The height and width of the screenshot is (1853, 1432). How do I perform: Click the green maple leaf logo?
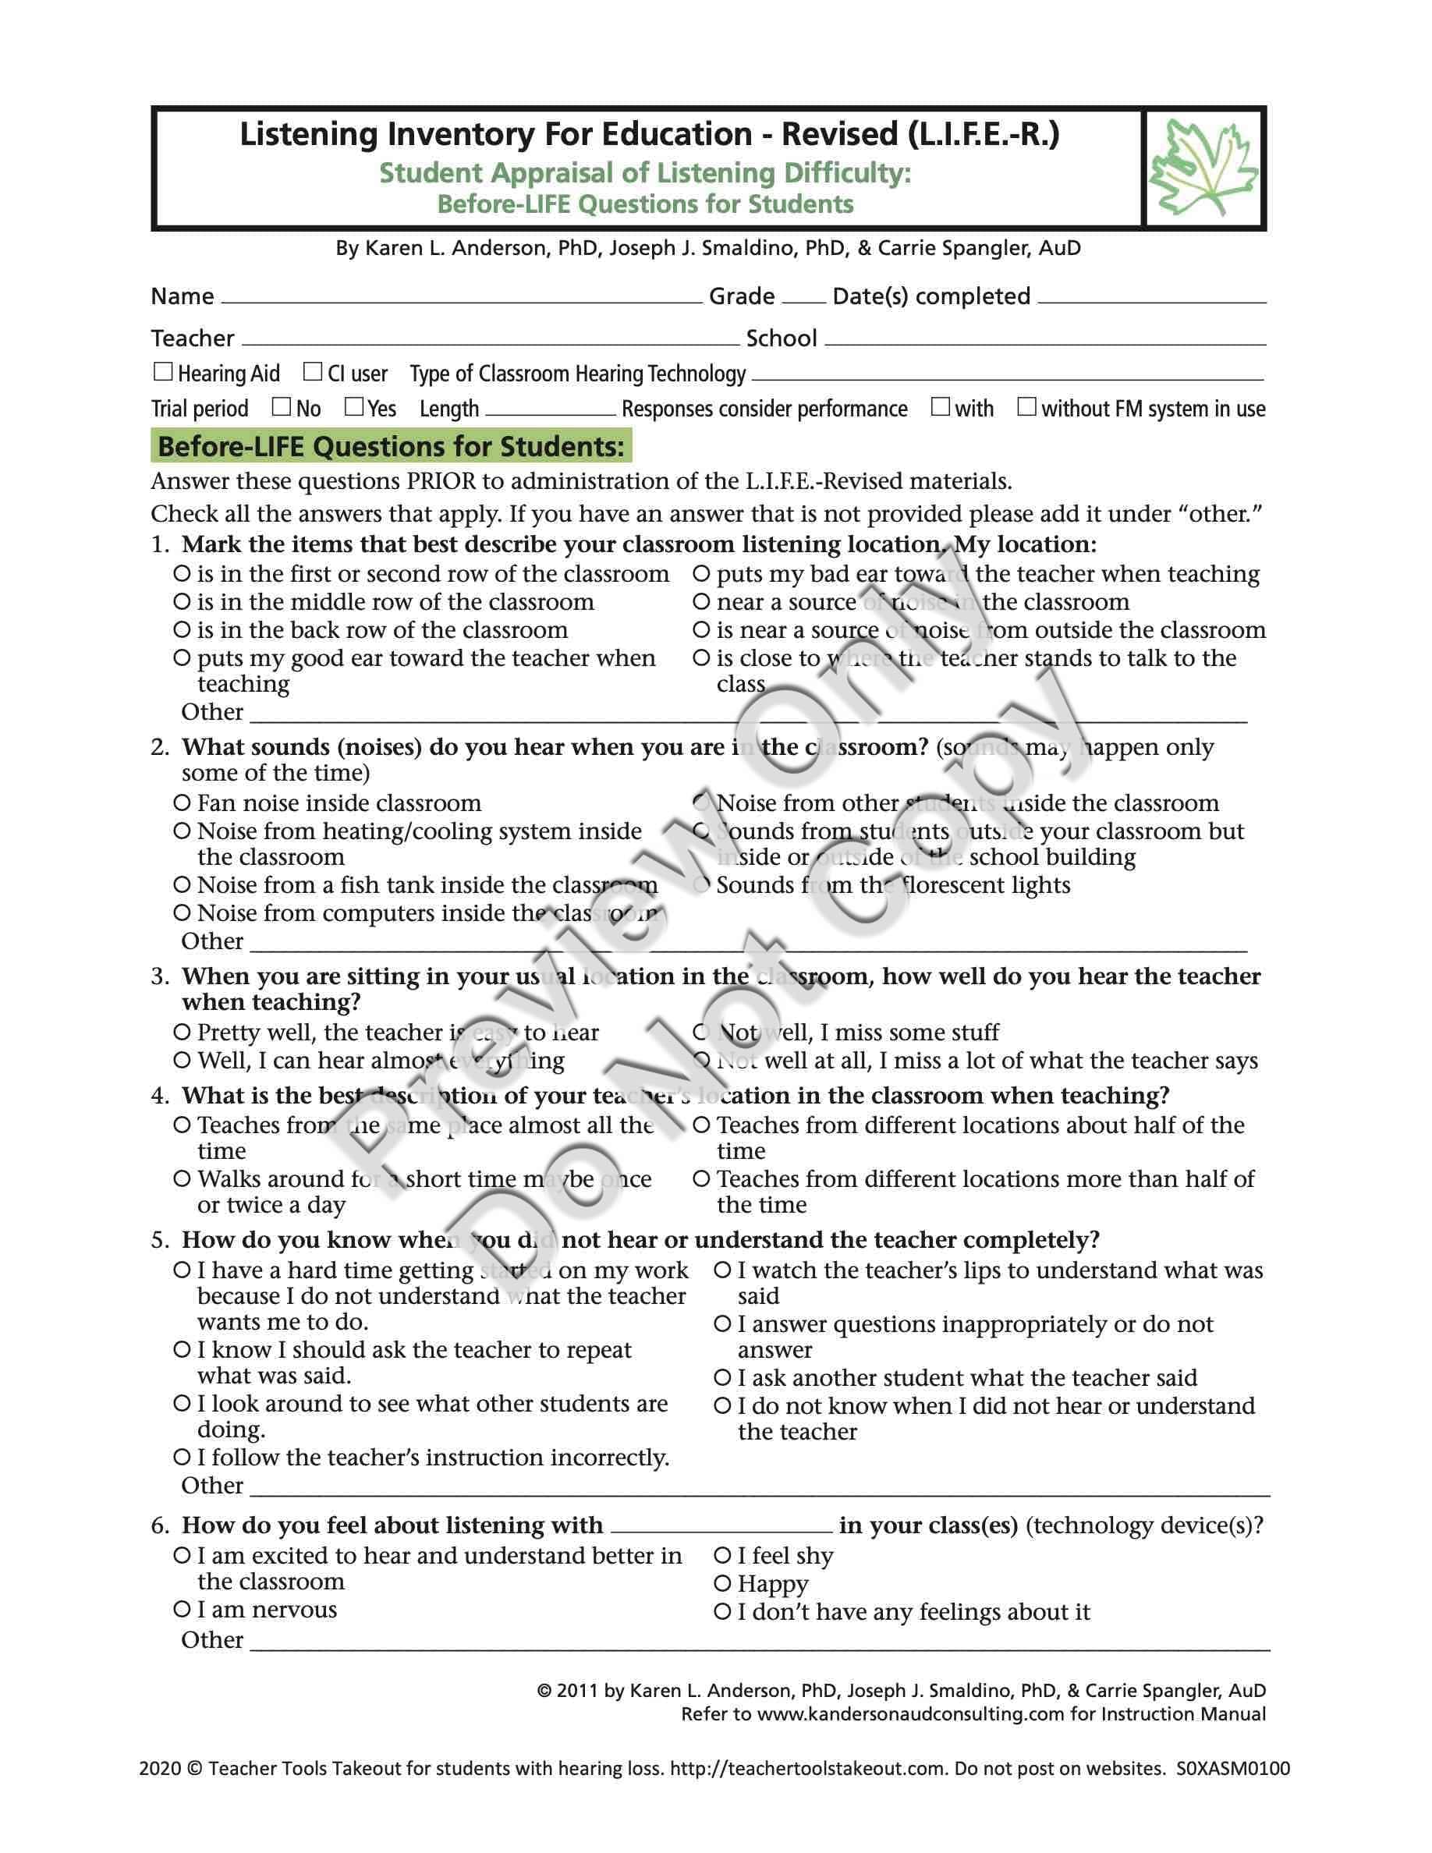1203,168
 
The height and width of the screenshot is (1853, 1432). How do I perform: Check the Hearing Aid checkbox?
163,372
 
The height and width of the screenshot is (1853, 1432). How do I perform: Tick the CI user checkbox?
313,372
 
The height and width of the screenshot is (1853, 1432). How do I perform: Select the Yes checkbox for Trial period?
354,406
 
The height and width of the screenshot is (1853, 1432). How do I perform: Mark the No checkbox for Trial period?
282,406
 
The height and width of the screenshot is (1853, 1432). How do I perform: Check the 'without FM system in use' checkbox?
1026,406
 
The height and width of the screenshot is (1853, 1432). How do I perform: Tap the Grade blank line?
803,299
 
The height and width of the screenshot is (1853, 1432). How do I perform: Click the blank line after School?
1044,342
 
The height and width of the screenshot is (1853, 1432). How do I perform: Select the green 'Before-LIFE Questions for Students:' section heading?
391,446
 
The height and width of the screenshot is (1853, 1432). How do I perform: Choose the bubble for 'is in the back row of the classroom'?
181,629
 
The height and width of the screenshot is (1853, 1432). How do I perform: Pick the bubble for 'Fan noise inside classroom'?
181,802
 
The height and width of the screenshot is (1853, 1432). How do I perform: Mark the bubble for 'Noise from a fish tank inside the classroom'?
181,885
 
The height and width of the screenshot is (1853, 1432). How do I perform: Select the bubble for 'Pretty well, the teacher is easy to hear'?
181,1033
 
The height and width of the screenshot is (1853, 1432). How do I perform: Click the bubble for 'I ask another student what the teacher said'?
722,1378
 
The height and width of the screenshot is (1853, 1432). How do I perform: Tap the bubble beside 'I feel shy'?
722,1555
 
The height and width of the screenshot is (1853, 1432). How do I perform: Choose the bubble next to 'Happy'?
722,1583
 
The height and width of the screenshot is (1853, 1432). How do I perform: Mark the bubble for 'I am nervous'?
181,1609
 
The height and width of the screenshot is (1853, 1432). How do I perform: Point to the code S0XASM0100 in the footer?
1232,1768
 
